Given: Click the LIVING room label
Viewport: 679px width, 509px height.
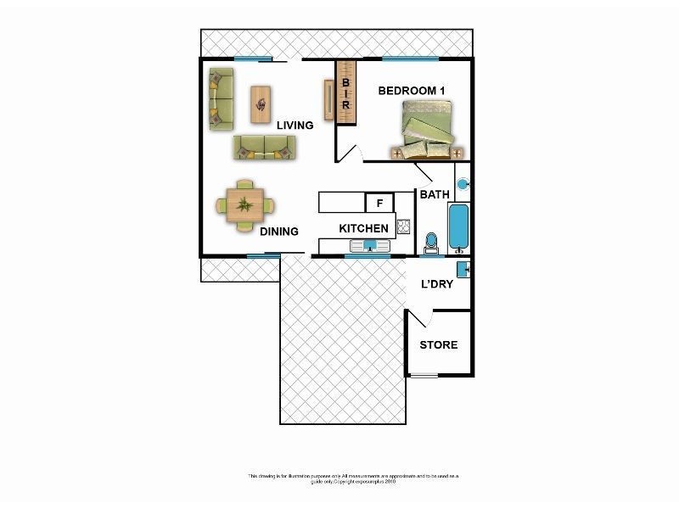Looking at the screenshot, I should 295,126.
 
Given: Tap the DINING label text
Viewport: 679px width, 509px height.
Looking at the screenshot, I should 278,232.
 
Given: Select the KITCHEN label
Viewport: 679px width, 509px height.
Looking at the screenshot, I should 363,228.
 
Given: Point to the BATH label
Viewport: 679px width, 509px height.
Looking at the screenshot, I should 435,195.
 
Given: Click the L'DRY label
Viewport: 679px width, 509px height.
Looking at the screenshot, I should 437,284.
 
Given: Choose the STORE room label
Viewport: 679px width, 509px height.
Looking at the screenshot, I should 439,344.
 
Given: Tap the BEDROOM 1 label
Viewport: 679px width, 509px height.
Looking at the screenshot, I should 412,91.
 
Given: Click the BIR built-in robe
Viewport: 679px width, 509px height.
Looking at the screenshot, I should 345,92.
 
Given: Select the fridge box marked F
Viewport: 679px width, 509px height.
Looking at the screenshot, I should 379,203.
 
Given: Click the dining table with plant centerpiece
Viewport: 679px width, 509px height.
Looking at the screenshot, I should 245,204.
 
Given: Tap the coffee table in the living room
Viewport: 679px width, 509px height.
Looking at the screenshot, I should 261,104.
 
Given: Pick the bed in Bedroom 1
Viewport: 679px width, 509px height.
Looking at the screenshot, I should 429,129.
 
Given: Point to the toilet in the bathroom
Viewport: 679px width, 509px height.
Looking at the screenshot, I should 431,243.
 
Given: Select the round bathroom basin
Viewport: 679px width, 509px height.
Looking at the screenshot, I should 463,183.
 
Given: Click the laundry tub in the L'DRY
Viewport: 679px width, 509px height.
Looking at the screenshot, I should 463,270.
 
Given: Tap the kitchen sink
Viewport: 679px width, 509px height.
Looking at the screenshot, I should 370,246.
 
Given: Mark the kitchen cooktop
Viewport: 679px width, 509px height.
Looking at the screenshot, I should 403,227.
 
